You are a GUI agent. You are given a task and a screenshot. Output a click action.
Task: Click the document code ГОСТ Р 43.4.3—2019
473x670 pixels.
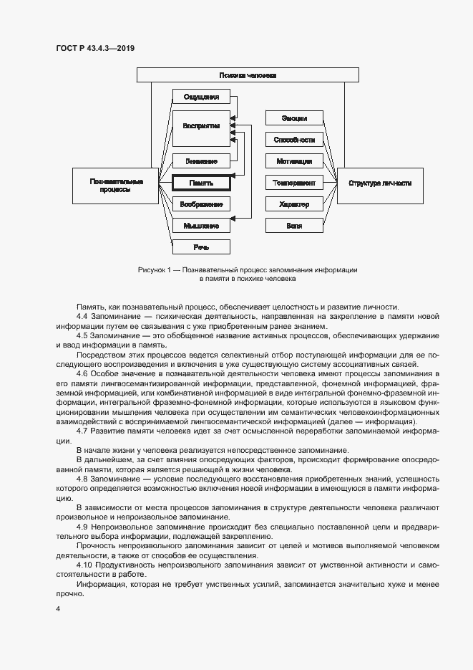pos(95,48)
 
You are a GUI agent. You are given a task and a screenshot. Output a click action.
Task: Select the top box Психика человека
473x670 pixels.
pos(248,75)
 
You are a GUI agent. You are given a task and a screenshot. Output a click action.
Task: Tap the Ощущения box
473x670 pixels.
pos(201,97)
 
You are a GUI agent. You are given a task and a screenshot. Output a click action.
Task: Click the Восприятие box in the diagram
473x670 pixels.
pos(201,125)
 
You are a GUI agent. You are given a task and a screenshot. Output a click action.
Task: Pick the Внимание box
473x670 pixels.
pos(201,161)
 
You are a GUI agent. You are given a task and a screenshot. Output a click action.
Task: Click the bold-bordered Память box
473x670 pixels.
pos(201,183)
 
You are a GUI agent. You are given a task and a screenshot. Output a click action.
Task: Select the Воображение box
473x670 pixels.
pos(201,204)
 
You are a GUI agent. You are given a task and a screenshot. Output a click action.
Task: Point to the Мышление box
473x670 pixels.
pos(201,226)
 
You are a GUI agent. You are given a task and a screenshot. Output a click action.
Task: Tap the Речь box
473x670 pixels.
pos(201,247)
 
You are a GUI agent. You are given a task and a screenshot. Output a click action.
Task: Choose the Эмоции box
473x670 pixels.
pos(294,118)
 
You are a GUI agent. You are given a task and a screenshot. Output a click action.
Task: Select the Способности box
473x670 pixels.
pos(294,140)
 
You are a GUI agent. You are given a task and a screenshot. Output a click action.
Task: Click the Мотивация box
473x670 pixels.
pos(294,161)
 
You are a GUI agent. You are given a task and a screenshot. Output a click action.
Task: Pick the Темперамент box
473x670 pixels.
pos(294,183)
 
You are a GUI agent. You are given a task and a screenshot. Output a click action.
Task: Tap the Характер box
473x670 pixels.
pos(294,204)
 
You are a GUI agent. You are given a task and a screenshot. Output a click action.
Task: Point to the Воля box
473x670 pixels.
pos(294,226)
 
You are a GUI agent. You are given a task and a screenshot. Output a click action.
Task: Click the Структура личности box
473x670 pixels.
pos(380,183)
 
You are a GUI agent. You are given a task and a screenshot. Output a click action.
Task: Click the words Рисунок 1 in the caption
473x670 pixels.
pos(155,270)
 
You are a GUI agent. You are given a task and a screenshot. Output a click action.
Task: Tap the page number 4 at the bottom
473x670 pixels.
pos(58,609)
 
